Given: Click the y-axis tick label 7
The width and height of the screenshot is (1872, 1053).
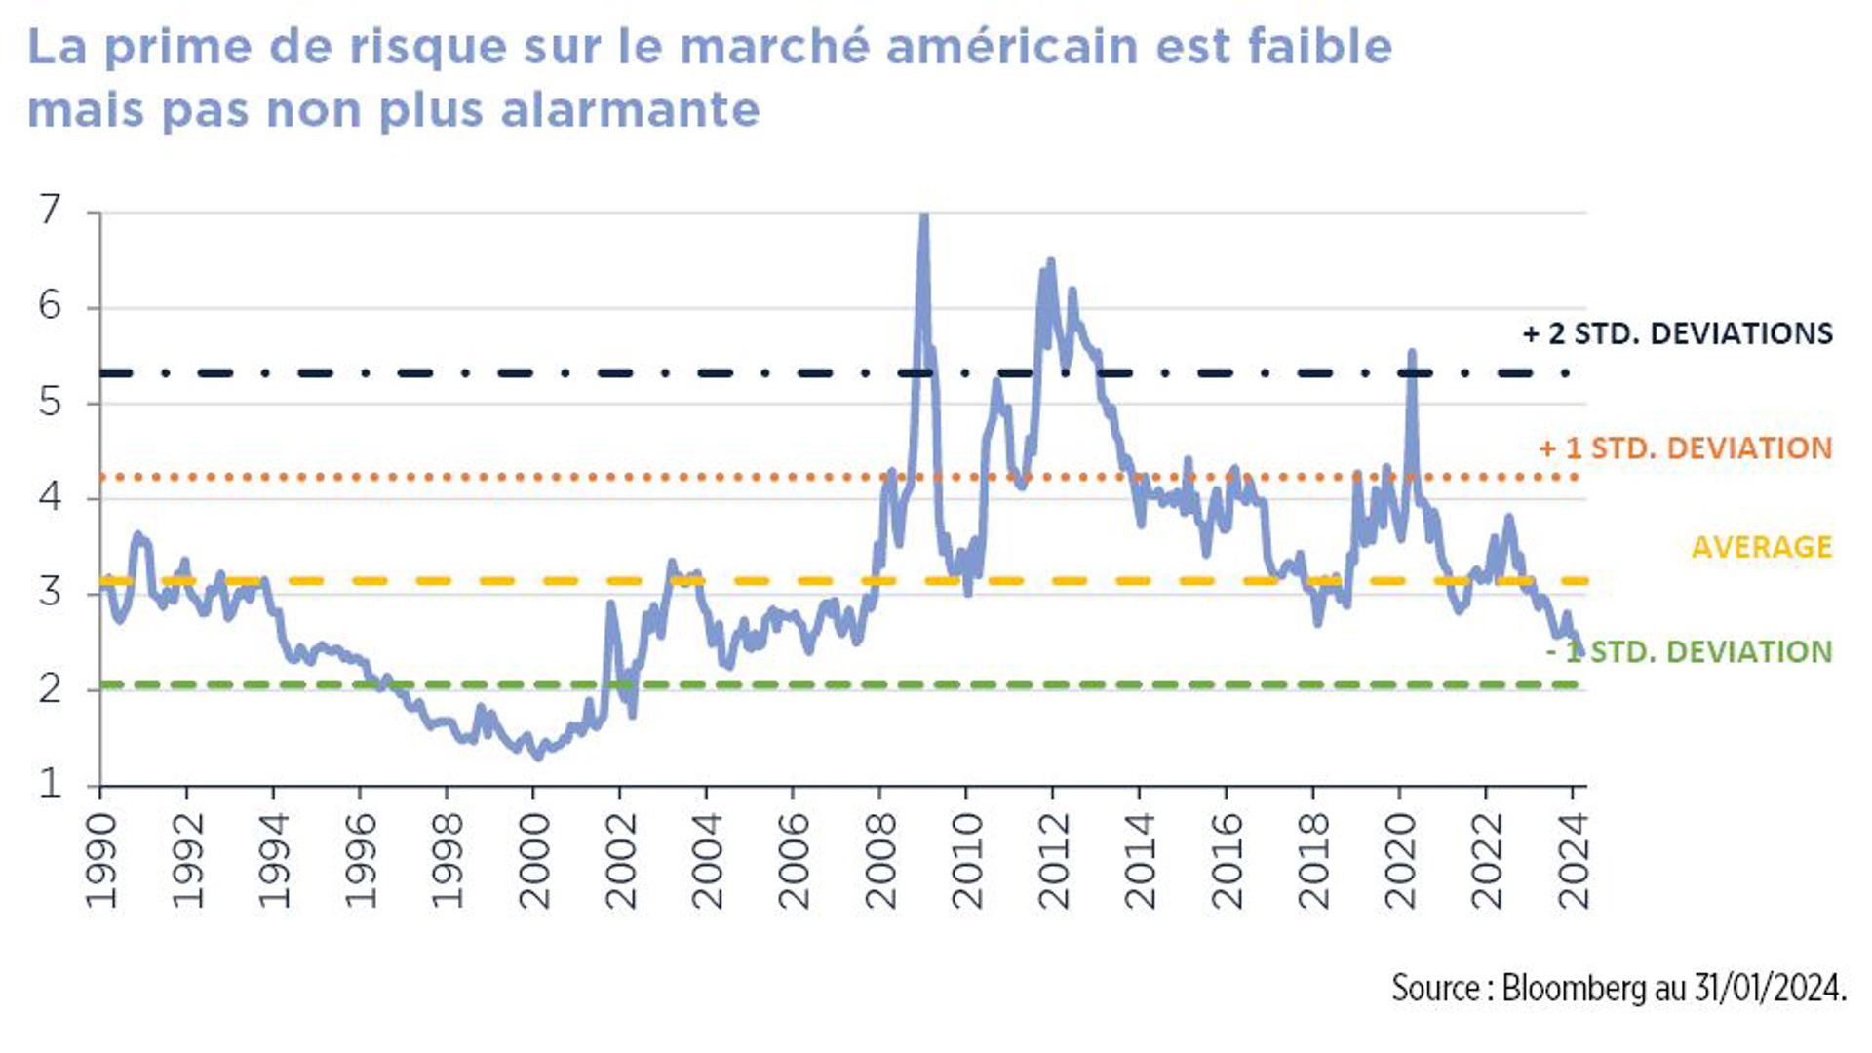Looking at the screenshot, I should pyautogui.click(x=50, y=209).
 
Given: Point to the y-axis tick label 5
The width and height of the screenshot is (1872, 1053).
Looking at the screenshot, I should pyautogui.click(x=50, y=401).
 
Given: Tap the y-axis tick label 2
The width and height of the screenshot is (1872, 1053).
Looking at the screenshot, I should pyautogui.click(x=50, y=688).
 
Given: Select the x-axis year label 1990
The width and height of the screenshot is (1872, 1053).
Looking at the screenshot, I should pyautogui.click(x=100, y=861).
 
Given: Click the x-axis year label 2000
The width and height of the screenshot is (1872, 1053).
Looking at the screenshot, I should pyautogui.click(x=533, y=861).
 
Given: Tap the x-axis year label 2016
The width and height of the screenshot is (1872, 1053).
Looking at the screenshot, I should pyautogui.click(x=1226, y=861).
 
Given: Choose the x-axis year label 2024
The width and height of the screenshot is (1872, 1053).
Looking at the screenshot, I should pyautogui.click(x=1573, y=861).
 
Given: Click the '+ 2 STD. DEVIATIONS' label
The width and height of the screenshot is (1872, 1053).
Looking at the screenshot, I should pyautogui.click(x=1677, y=333).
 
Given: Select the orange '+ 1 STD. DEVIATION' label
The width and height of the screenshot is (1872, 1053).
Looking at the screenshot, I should pyautogui.click(x=1685, y=448).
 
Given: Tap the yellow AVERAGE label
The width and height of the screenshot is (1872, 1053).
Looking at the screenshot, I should pyautogui.click(x=1761, y=547).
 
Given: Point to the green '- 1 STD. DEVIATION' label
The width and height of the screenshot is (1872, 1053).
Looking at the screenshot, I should pyautogui.click(x=1689, y=651).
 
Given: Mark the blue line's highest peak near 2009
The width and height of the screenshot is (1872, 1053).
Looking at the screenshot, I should pyautogui.click(x=923, y=216).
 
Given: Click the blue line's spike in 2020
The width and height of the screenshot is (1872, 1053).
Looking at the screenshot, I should pyautogui.click(x=1411, y=352).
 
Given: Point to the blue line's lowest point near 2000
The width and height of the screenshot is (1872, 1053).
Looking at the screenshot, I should pyautogui.click(x=537, y=756).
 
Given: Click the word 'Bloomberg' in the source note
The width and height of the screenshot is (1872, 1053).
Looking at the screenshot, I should pyautogui.click(x=1574, y=988).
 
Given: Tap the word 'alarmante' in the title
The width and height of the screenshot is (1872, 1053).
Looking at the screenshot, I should pyautogui.click(x=630, y=109).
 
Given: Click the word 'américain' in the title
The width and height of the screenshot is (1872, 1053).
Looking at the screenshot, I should pyautogui.click(x=1011, y=47).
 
